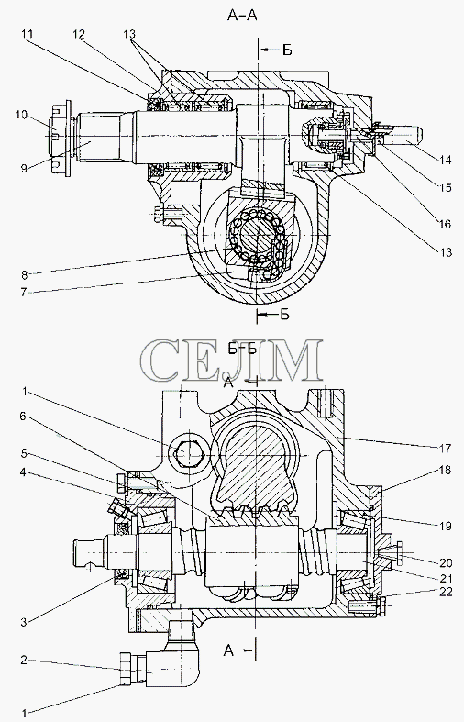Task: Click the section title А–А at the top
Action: point(242,16)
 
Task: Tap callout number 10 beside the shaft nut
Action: point(21,114)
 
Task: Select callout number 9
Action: point(24,168)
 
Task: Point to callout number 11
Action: point(27,34)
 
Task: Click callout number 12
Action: point(79,34)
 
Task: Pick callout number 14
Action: point(445,160)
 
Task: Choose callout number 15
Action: point(445,187)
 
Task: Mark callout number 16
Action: point(445,224)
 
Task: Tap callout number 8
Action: point(24,275)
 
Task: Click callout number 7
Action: point(24,293)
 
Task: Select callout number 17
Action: point(446,447)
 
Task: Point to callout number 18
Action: point(446,470)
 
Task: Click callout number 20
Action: point(446,562)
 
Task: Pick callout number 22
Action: point(446,592)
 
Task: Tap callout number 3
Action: point(24,623)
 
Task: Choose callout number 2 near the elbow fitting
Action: point(24,661)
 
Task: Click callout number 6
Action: point(24,416)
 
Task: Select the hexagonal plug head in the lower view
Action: point(186,454)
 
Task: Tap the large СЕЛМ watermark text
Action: point(231,361)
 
